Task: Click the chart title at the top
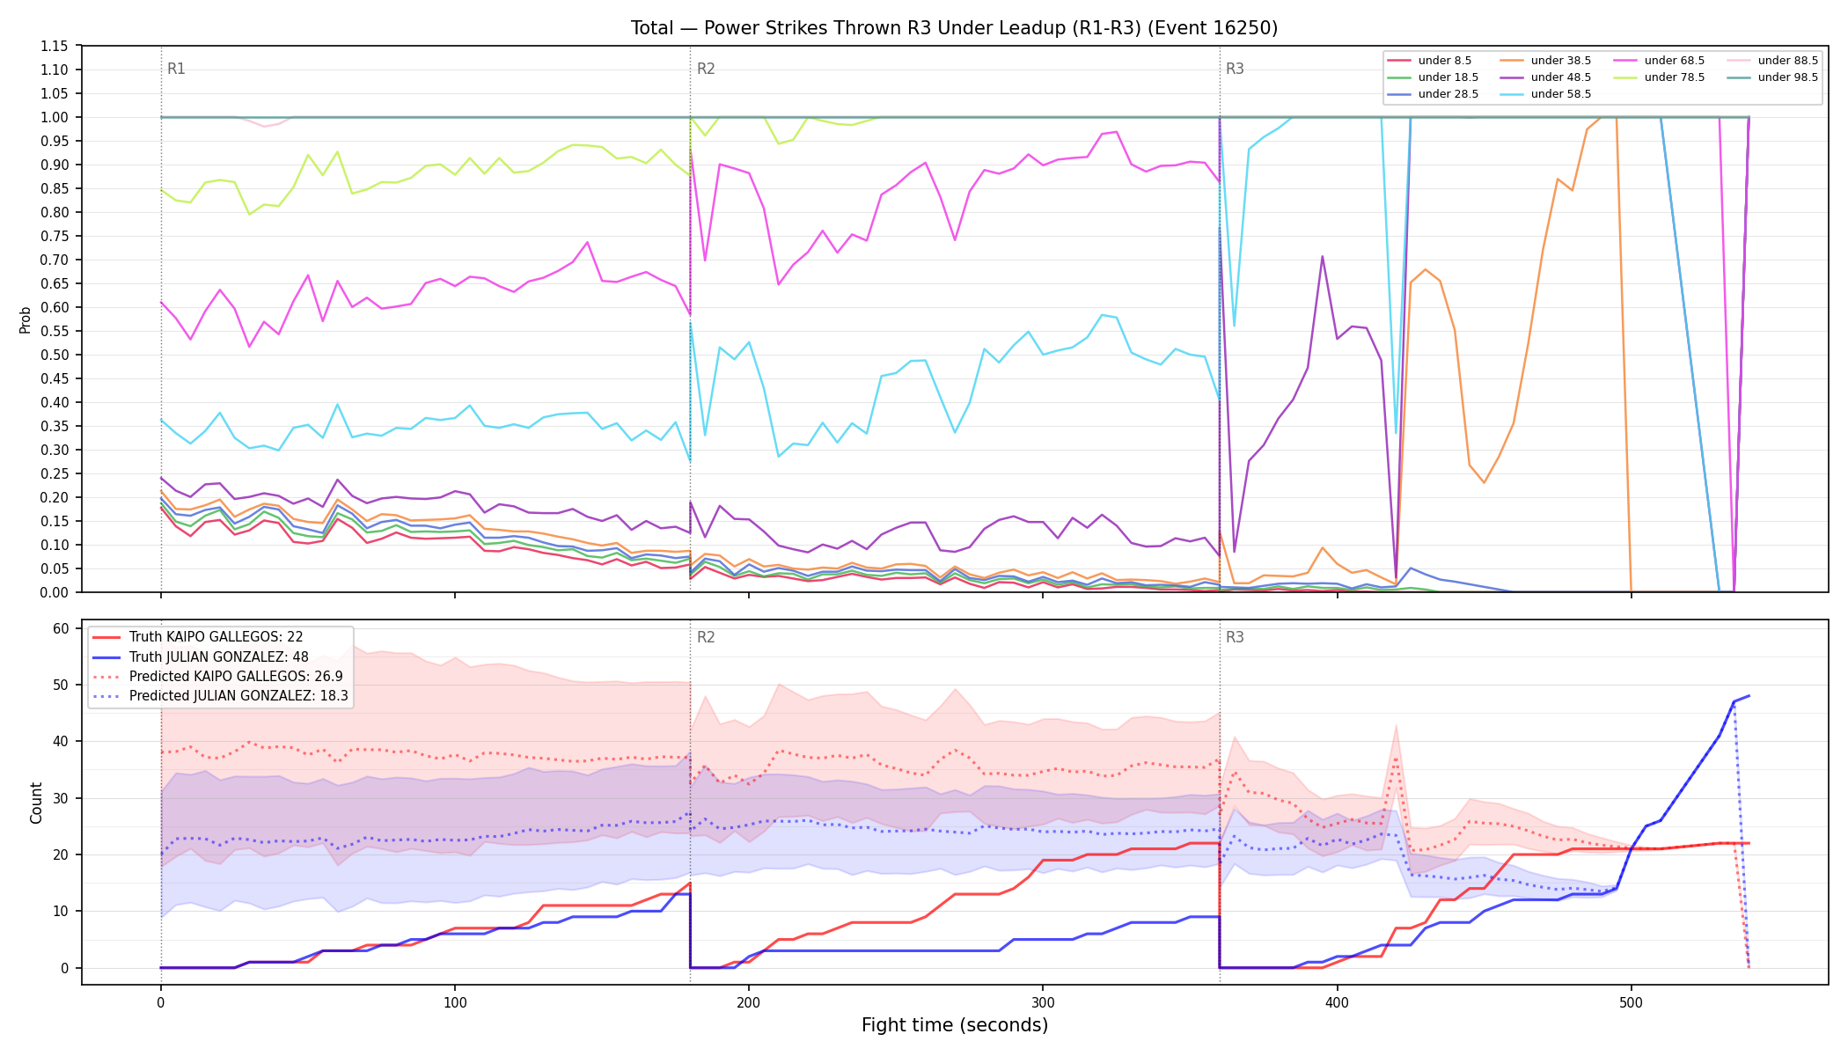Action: point(954,28)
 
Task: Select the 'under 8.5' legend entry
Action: point(1429,61)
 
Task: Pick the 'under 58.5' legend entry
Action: point(1545,94)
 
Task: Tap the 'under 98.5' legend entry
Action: point(1772,77)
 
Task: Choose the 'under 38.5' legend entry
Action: point(1545,61)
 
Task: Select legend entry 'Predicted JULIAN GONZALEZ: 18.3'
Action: point(220,696)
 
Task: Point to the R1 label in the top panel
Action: point(176,69)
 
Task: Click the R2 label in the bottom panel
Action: point(706,637)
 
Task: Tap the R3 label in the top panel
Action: point(1235,69)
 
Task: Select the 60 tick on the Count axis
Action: point(61,628)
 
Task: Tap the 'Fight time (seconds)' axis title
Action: point(955,1025)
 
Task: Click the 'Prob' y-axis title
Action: point(25,319)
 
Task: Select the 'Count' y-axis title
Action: point(36,803)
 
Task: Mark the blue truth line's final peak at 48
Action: point(1749,696)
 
